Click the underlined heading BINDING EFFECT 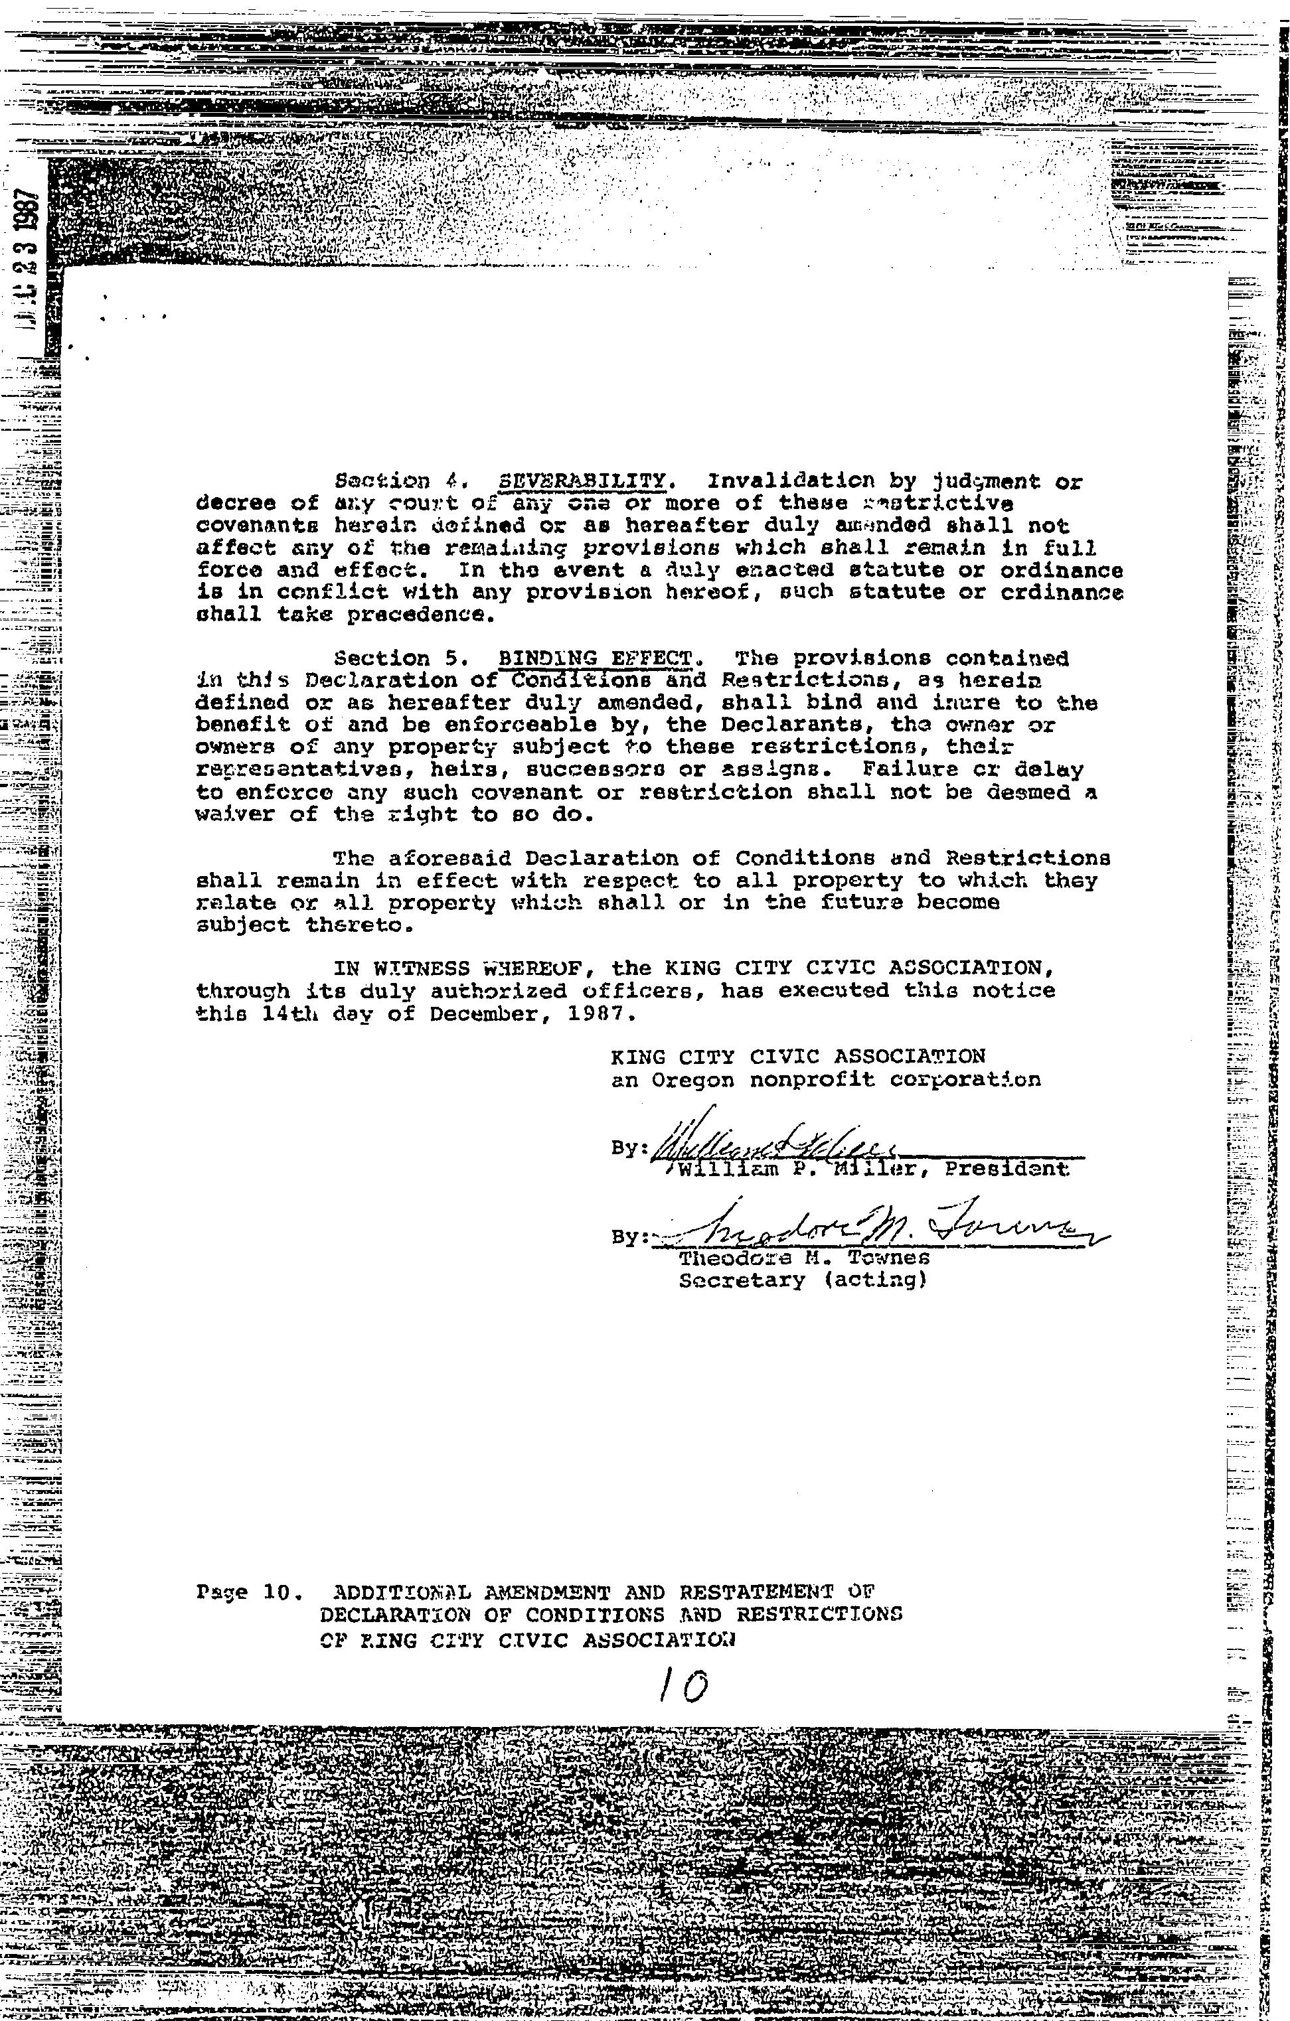597,657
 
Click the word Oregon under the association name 693,1080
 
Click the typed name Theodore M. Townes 804,1259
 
